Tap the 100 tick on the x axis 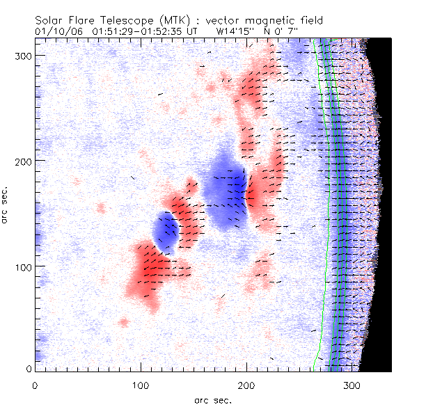click(141, 384)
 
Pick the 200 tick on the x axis click(246, 384)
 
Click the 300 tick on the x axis click(352, 384)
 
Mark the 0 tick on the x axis click(35, 384)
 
